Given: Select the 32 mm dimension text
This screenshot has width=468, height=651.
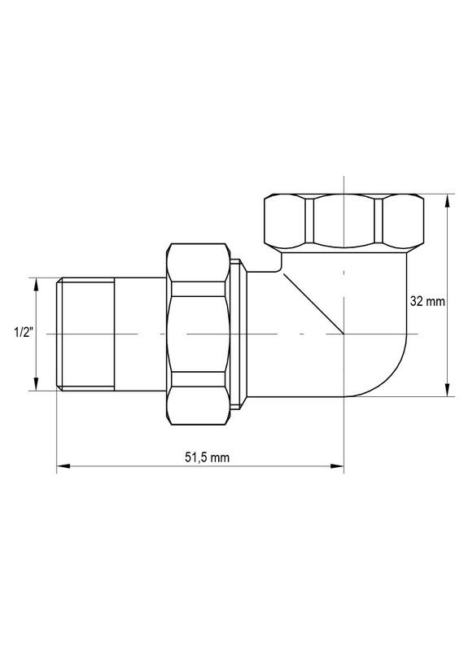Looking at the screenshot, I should [x=426, y=301].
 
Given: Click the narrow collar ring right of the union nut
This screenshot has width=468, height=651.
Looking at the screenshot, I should [x=238, y=334].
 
